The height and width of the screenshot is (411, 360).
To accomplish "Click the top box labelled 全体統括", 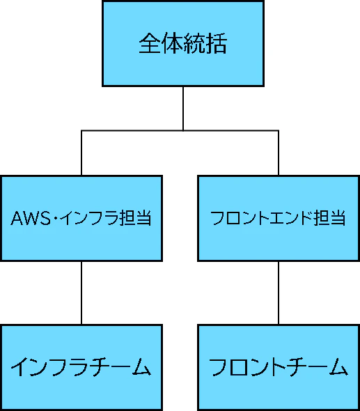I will pos(183,44).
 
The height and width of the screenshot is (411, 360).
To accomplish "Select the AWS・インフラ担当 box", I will pos(81,218).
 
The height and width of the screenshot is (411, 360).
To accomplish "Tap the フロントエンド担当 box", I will pos(279,218).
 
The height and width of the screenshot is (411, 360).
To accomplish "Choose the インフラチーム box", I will pos(81,367).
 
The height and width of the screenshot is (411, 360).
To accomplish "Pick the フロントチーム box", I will pos(279,367).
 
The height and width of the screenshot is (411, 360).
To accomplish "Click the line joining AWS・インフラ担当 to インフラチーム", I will pos(81,293).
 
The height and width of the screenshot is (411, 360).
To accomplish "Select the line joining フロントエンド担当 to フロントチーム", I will pos(279,293).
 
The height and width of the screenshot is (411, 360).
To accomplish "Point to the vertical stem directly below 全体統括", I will pos(183,108).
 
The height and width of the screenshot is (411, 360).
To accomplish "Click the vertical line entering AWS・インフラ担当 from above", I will pos(81,153).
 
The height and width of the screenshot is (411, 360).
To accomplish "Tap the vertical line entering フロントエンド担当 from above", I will pos(279,153).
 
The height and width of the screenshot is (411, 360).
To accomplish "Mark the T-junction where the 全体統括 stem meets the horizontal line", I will pos(183,130).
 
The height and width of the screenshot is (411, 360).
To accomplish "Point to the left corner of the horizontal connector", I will pos(81,130).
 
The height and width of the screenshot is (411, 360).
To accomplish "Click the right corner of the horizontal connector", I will pos(279,130).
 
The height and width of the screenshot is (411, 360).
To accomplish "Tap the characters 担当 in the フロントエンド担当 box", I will pos(330,218).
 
